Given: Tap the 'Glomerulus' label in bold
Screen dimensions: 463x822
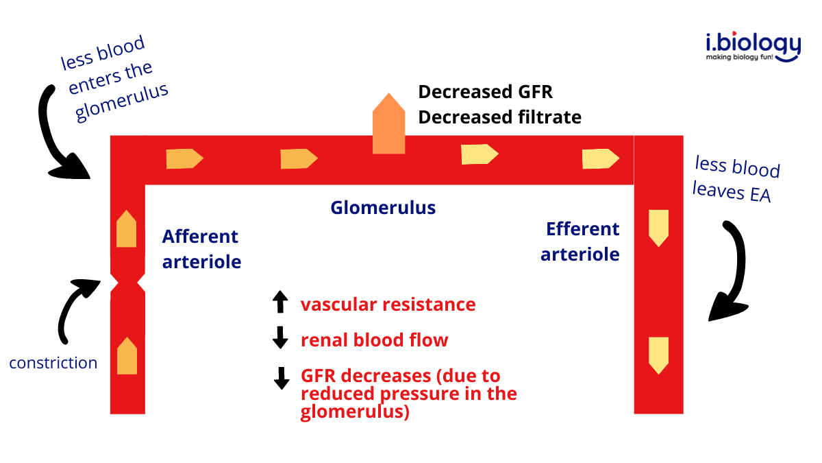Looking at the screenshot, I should pyautogui.click(x=383, y=207).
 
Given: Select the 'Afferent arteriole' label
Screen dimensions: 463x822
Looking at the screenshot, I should pyautogui.click(x=201, y=249).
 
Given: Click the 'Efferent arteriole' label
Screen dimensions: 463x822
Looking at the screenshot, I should pyautogui.click(x=582, y=241).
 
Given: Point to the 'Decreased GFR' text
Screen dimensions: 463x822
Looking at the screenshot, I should pyautogui.click(x=485, y=92).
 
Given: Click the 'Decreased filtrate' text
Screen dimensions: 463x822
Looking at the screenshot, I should pyautogui.click(x=499, y=117).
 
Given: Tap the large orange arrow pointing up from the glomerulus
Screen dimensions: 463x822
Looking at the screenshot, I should pyautogui.click(x=389, y=124).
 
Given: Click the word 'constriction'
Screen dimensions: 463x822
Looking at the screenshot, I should pyautogui.click(x=53, y=363).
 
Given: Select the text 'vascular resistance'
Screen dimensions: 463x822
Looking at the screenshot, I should pyautogui.click(x=388, y=304).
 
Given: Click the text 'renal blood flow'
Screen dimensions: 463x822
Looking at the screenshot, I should pyautogui.click(x=374, y=340).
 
